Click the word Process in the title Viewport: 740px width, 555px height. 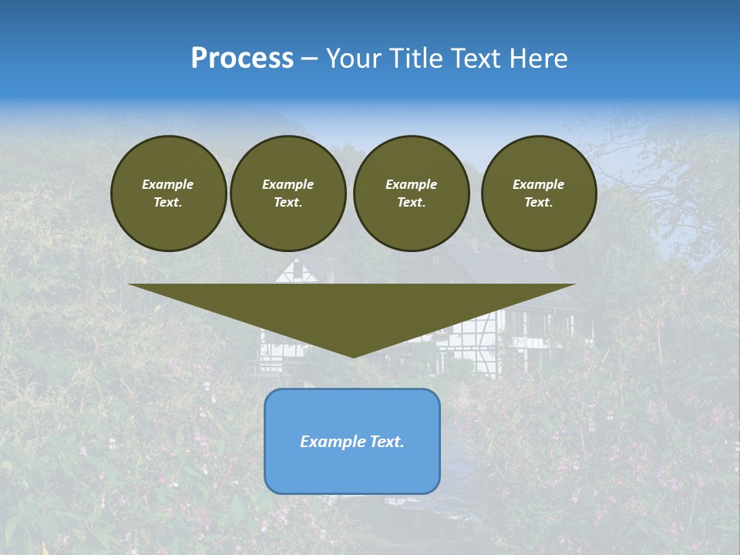click(x=242, y=59)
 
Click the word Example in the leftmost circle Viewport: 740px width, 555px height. click(x=168, y=184)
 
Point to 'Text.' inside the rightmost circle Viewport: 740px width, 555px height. click(x=539, y=202)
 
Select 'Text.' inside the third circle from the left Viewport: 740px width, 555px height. click(x=412, y=202)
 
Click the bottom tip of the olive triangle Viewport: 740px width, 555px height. click(x=353, y=356)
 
